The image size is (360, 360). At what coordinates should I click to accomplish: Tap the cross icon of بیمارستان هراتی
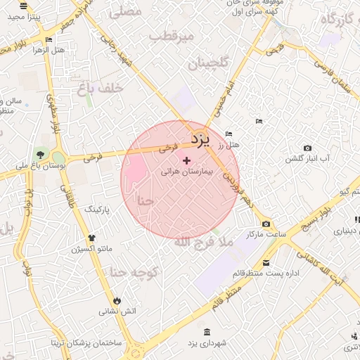186,161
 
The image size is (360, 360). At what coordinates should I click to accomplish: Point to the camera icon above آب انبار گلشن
307,148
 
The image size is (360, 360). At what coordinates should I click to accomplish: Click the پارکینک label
98,210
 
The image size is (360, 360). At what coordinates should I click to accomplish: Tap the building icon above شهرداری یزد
206,332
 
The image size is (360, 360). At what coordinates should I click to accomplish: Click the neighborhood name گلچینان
208,64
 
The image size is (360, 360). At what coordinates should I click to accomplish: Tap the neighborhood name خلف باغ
102,88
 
